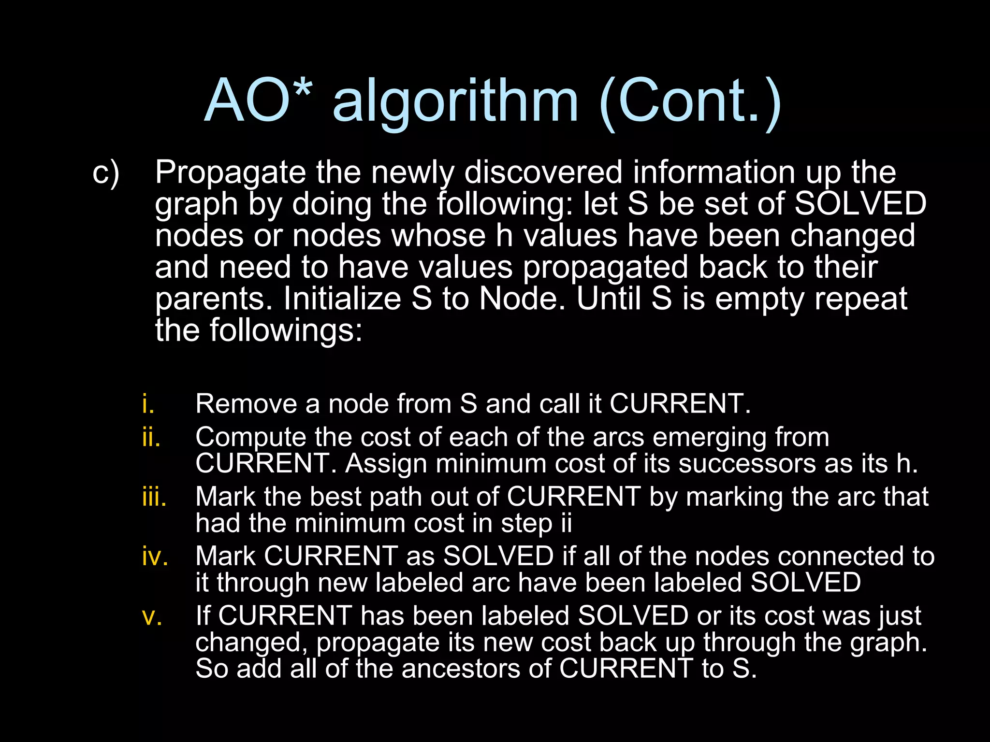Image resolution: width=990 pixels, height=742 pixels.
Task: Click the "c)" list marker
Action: [x=105, y=172]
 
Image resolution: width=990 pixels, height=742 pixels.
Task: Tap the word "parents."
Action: [x=214, y=300]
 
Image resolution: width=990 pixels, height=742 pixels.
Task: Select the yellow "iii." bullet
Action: [x=154, y=497]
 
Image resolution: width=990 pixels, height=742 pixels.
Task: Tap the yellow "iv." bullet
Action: [x=155, y=556]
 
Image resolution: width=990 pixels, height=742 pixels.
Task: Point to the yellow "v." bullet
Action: [x=152, y=616]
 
